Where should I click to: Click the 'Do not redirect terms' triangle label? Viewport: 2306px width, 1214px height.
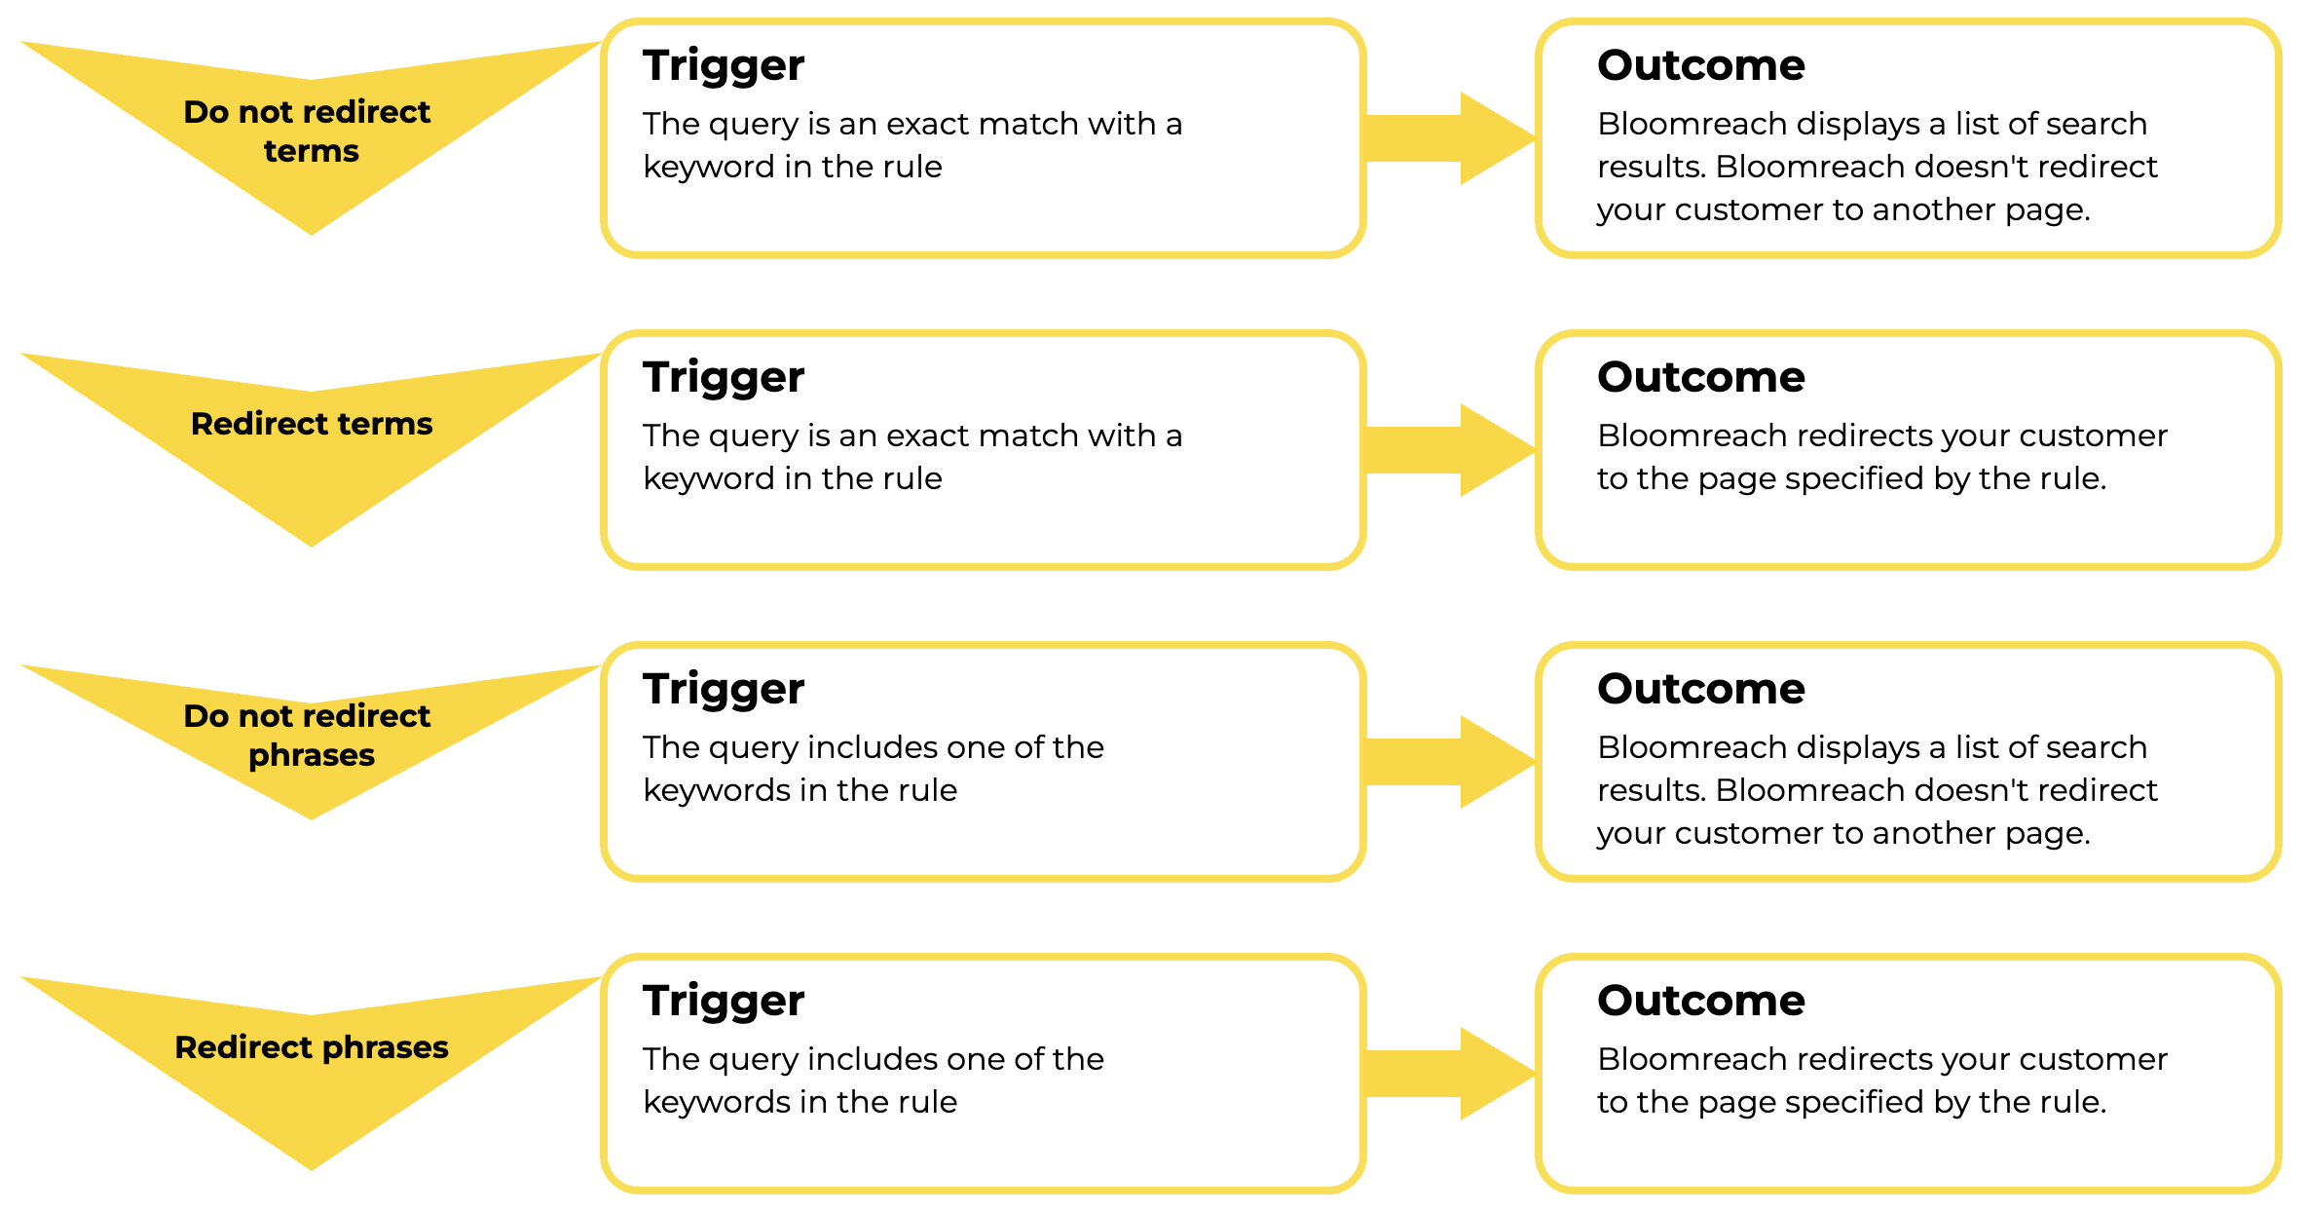coord(308,132)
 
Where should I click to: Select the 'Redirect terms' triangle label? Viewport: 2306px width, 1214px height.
coord(312,424)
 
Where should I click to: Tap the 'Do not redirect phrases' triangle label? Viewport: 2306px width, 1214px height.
coord(308,736)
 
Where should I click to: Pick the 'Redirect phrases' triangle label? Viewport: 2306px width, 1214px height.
coord(312,1047)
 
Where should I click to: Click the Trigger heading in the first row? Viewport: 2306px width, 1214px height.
coord(724,66)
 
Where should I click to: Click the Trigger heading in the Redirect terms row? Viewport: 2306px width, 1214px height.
coord(724,378)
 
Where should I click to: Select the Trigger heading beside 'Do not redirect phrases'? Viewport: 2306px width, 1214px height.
coord(724,690)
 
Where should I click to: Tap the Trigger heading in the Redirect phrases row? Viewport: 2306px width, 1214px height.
coord(724,1002)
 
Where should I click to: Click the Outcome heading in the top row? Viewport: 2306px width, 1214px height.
coord(1701,65)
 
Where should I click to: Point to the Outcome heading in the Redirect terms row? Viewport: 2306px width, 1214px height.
coord(1701,377)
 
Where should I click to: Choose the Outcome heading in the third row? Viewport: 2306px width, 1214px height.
coord(1701,689)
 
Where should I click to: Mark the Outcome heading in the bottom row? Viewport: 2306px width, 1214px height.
coord(1701,1001)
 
